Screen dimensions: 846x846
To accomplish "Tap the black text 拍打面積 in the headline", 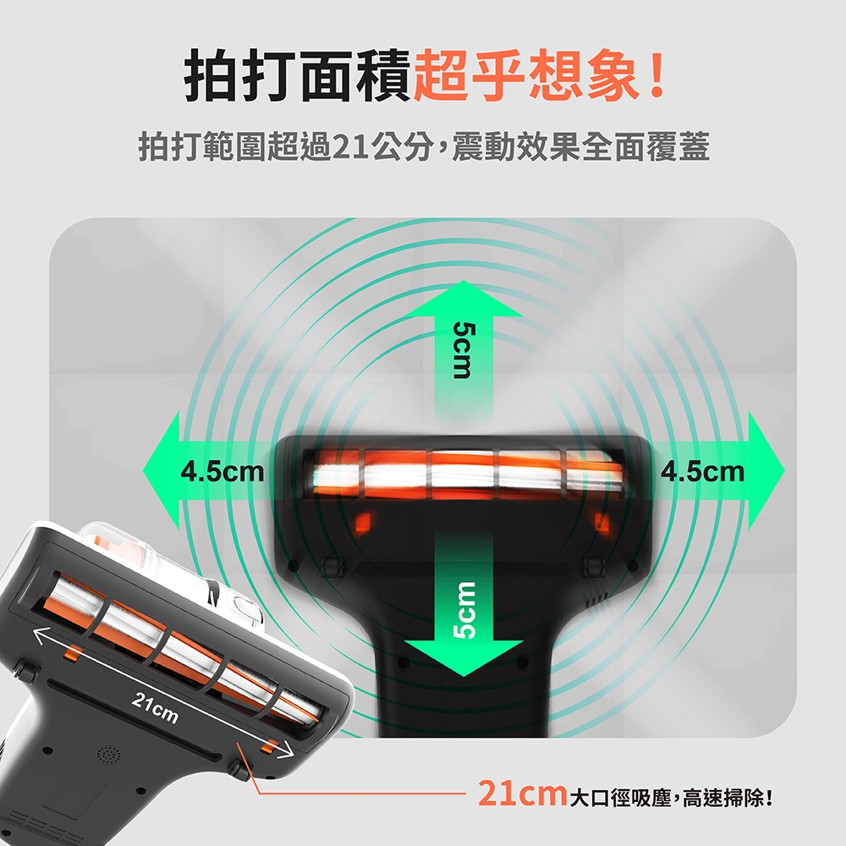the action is click(299, 75).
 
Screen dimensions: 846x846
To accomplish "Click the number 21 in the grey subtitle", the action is click(351, 146).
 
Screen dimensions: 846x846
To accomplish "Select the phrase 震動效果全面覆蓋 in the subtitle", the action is click(580, 146).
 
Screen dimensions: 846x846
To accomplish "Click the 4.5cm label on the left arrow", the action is click(222, 471).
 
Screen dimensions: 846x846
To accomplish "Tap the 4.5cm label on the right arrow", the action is click(702, 471).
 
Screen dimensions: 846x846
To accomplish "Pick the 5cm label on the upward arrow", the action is click(464, 350).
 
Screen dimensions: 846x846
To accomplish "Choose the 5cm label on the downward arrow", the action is click(464, 610).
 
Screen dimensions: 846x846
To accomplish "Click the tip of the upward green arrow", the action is click(464, 281).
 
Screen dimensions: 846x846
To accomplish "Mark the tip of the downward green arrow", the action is click(464, 676).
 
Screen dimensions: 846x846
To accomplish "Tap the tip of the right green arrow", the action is click(784, 471).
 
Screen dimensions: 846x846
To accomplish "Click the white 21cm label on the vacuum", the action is click(155, 707).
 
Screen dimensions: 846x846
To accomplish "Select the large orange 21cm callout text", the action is click(522, 794).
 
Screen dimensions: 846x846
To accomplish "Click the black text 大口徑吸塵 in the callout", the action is click(620, 798).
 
